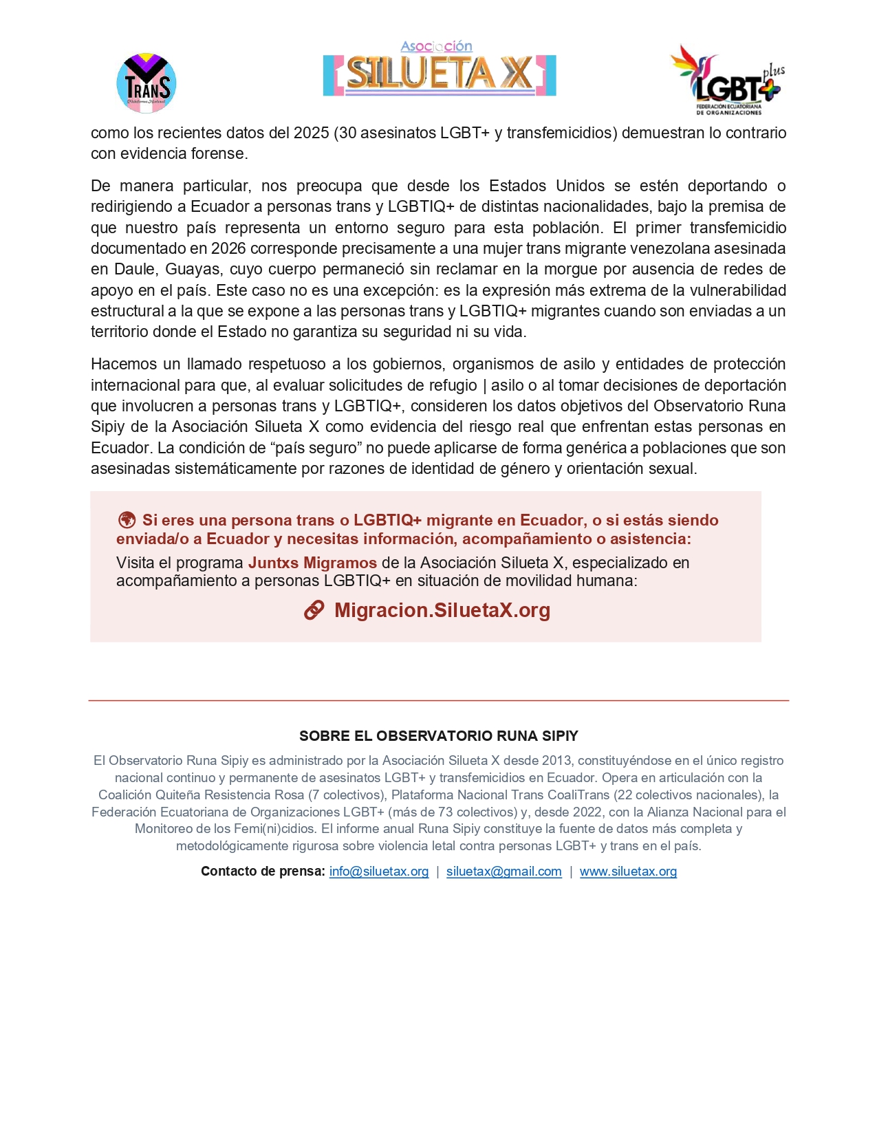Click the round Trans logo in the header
[147, 83]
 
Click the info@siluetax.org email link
[379, 872]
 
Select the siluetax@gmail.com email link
[504, 872]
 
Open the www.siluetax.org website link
[628, 872]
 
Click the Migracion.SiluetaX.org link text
[442, 610]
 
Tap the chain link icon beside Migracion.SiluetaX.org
[314, 610]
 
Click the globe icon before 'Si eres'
[127, 520]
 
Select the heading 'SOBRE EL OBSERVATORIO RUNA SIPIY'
[439, 736]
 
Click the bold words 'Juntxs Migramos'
[312, 563]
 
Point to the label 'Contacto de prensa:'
[263, 872]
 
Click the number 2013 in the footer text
[557, 761]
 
